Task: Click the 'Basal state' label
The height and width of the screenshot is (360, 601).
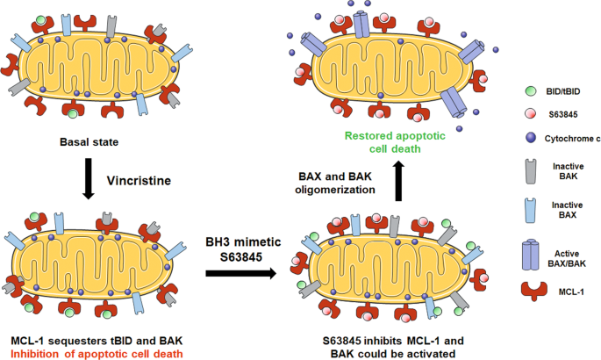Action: click(89, 141)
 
